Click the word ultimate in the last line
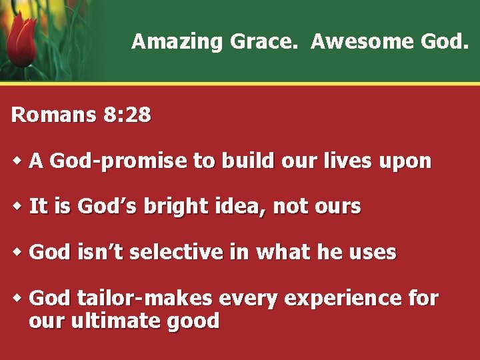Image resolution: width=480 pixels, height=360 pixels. [x=117, y=321]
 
